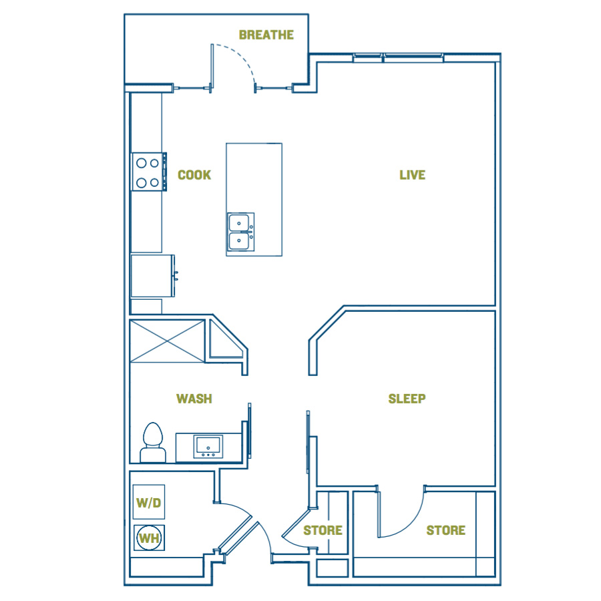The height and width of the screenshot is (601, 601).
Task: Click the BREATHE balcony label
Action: point(266,35)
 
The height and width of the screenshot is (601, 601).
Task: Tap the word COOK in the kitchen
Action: point(194,175)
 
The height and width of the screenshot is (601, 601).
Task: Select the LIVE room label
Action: point(413,175)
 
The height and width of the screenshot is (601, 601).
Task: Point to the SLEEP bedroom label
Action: point(407,399)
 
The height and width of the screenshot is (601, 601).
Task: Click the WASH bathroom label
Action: point(194,399)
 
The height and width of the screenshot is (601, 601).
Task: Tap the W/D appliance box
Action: point(149,502)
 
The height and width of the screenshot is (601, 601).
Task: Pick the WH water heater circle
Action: point(149,538)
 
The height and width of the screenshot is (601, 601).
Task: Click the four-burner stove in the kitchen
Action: point(149,172)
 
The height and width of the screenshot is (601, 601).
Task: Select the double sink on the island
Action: point(240,232)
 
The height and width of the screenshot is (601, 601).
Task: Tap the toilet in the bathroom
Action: point(153,443)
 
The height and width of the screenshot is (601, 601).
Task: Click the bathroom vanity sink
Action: point(208,447)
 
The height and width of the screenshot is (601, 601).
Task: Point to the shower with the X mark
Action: point(167,341)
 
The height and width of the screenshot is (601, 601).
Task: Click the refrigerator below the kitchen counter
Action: point(152,276)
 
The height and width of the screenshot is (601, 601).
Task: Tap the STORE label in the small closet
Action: point(323,530)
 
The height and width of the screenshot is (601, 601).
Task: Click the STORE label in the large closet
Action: point(446,530)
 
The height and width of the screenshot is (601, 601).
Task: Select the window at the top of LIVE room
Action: point(398,57)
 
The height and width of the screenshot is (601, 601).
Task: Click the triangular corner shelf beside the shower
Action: point(224,343)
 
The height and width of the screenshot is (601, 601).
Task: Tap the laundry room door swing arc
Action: point(238,508)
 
